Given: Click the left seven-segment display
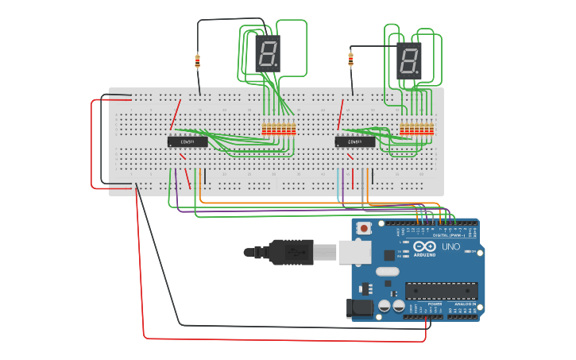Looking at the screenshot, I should pos(268,53).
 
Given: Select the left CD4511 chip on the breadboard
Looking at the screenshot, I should pos(187,141).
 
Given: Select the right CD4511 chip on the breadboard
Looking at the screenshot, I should pos(355,141).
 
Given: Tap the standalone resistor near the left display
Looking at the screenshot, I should pos(198,60).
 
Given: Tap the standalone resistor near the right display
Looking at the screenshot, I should pos(350,58).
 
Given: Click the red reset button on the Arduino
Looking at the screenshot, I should pos(364,229).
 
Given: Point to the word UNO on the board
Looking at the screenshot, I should pos(451,247).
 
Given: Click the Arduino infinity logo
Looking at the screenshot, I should pos(424,247).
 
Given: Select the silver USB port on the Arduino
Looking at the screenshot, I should pos(354,252).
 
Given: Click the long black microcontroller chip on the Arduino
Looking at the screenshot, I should pos(441,290).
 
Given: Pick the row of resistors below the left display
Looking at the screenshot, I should pos(279,129).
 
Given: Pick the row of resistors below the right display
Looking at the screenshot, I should pos(417,129).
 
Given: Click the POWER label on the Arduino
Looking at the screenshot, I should pos(435,304).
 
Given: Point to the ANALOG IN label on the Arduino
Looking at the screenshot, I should pos(464,304).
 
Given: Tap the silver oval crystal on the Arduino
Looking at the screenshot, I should pos(387,272).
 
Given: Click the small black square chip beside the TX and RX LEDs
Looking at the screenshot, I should pos(389,255).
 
